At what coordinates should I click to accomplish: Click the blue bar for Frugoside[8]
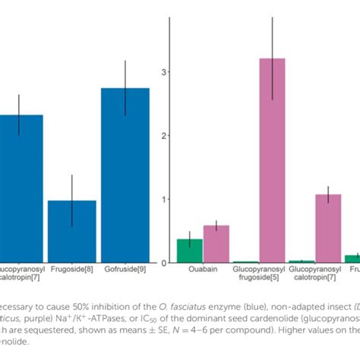[72, 232]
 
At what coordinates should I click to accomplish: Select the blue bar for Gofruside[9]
[125, 175]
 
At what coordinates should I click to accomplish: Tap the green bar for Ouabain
[190, 251]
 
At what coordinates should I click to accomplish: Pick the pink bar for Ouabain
[216, 244]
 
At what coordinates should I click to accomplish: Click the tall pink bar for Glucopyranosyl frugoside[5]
[272, 160]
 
